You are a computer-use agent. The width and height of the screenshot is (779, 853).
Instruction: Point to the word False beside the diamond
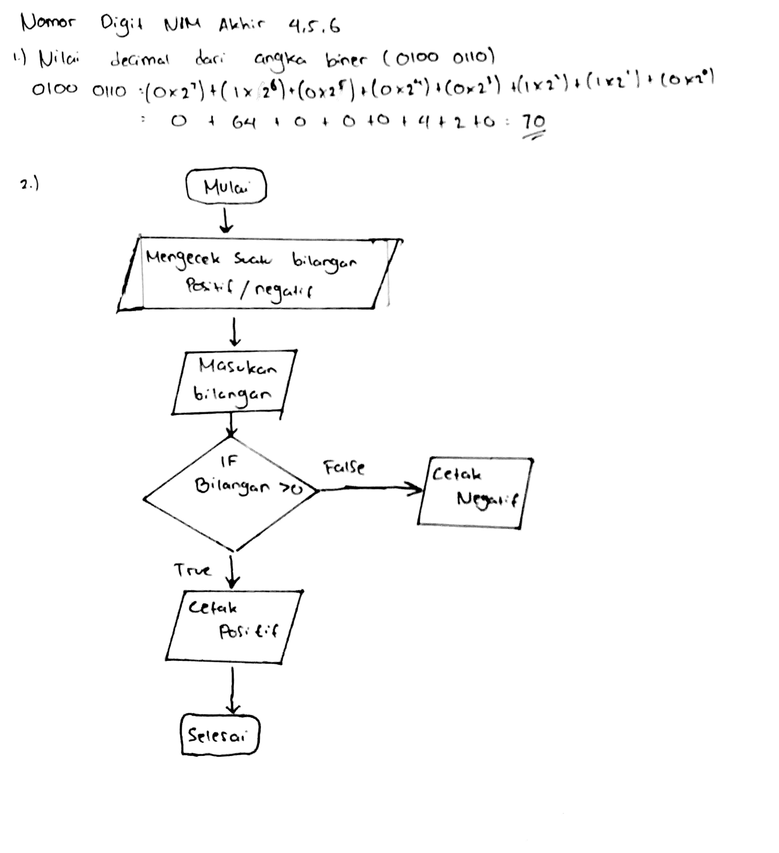(x=344, y=467)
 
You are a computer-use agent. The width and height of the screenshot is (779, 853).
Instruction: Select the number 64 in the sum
(x=244, y=123)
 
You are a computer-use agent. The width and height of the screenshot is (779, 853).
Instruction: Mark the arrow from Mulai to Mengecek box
(x=226, y=221)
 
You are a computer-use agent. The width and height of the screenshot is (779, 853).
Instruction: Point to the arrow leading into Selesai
(x=232, y=690)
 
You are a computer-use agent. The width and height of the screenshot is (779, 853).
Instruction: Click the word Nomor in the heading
(x=48, y=22)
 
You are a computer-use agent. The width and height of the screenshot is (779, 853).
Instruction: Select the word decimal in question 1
(x=139, y=60)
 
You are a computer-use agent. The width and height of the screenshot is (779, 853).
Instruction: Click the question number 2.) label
(x=30, y=184)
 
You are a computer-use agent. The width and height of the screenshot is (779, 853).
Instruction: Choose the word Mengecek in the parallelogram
(x=183, y=258)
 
